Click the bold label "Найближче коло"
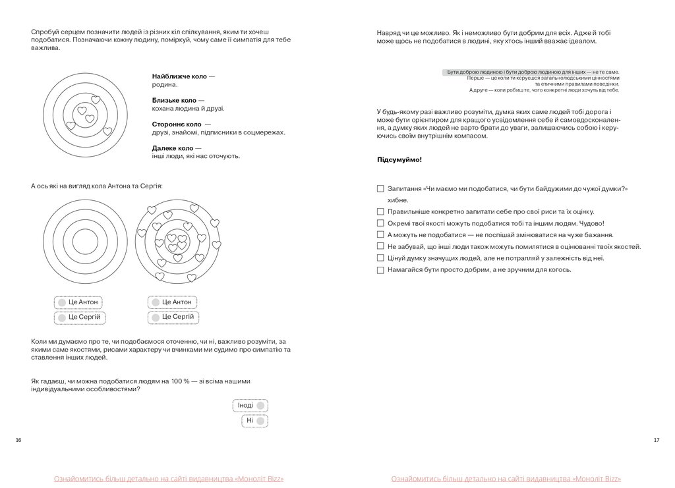179,76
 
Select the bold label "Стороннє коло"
176,124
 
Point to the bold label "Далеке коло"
172,148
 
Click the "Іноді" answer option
250,406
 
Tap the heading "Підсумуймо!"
399,160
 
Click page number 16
18,440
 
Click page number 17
656,440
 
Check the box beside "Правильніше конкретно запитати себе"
380,211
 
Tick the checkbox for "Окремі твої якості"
380,223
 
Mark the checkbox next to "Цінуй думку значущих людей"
380,258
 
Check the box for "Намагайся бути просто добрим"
380,270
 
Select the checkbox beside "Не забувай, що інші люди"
380,246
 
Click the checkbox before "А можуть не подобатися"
380,234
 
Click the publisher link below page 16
169,479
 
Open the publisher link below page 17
506,479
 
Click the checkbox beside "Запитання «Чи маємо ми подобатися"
380,188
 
